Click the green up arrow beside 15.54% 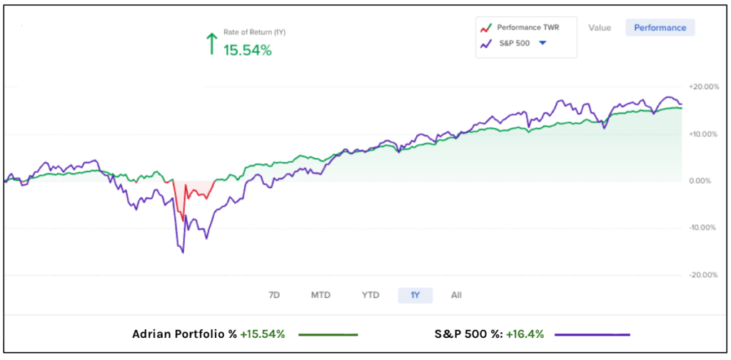(x=211, y=44)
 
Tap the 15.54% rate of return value (x=248, y=51)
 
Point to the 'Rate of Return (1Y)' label (x=255, y=33)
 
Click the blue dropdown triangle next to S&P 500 (x=543, y=44)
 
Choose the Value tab (x=600, y=28)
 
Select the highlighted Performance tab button (x=660, y=28)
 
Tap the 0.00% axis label (x=702, y=181)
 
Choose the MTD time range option (x=321, y=295)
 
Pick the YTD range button (x=370, y=295)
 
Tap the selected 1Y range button (x=415, y=295)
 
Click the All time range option (x=457, y=295)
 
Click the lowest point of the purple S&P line (x=183, y=252)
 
